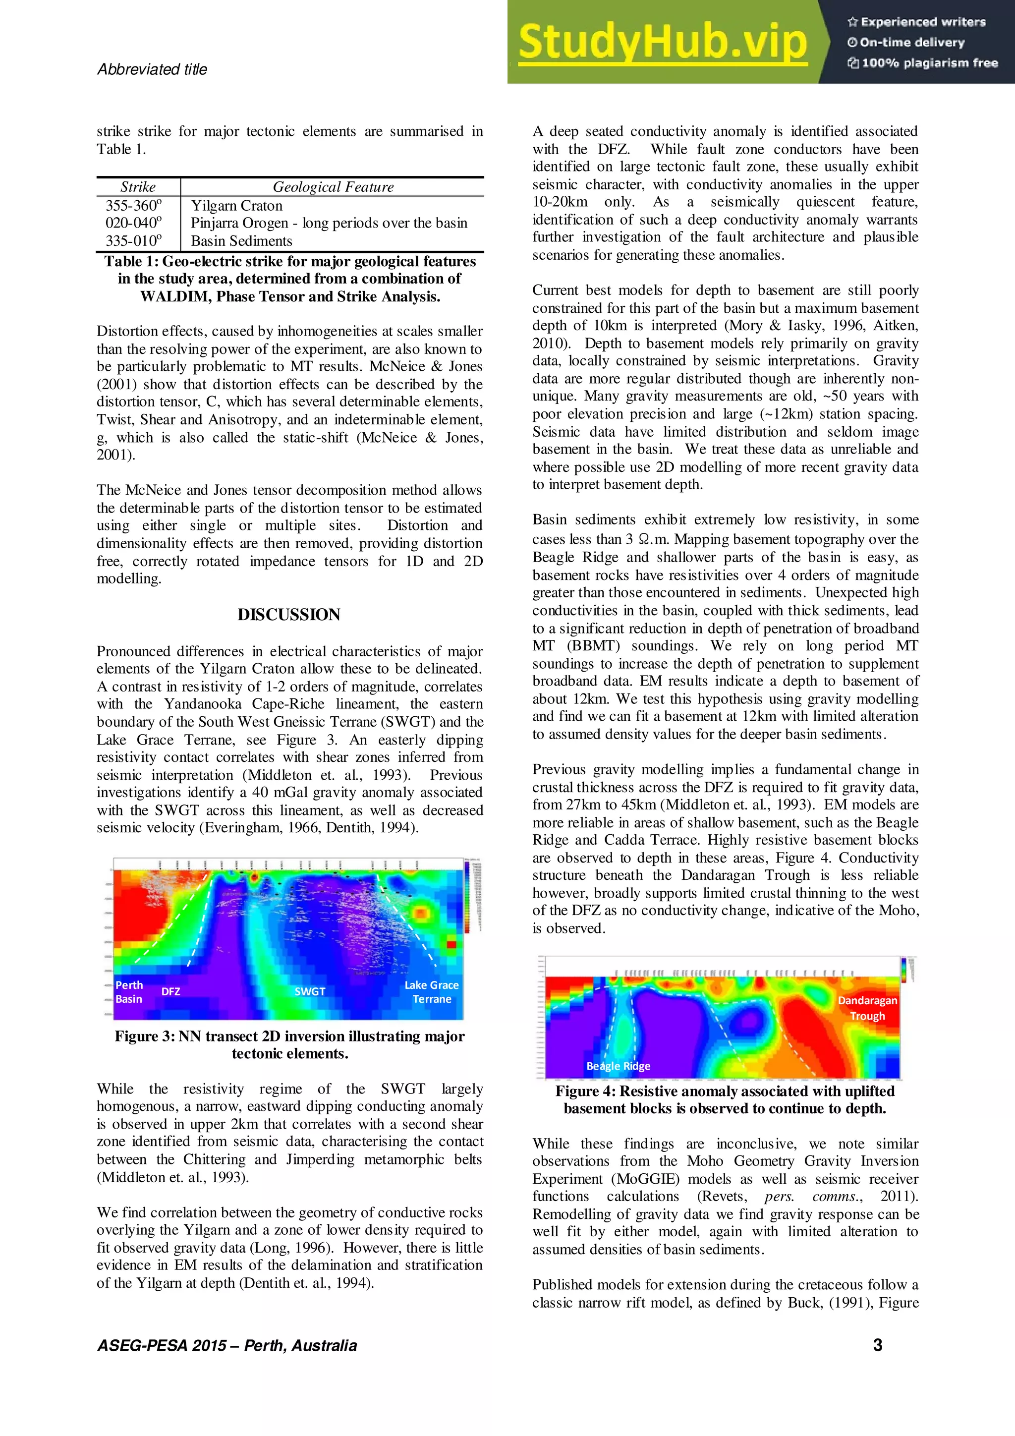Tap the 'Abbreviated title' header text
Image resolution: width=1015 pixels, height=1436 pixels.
click(x=152, y=69)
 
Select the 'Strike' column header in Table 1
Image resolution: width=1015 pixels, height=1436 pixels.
click(x=138, y=187)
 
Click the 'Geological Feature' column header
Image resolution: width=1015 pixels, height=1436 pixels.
click(x=333, y=187)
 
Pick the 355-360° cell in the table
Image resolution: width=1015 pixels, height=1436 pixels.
click(x=133, y=205)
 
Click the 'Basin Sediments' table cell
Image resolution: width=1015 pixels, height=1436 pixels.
click(x=241, y=241)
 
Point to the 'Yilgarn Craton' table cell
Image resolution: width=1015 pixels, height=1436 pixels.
click(x=236, y=206)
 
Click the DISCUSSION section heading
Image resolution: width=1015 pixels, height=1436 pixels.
click(x=289, y=614)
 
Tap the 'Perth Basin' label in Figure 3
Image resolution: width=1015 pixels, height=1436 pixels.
click(x=129, y=992)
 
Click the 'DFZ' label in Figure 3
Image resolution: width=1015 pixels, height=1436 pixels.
click(x=170, y=991)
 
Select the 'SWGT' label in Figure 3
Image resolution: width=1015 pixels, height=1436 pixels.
click(x=310, y=991)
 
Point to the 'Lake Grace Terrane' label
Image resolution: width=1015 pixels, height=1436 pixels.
click(x=432, y=992)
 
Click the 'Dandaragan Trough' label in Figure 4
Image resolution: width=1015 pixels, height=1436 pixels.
click(x=867, y=1008)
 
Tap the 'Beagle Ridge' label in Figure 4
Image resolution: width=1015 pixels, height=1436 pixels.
click(x=618, y=1066)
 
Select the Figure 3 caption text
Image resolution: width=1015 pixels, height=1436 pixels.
click(x=289, y=1044)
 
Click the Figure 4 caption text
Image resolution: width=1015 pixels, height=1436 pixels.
click(x=725, y=1099)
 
